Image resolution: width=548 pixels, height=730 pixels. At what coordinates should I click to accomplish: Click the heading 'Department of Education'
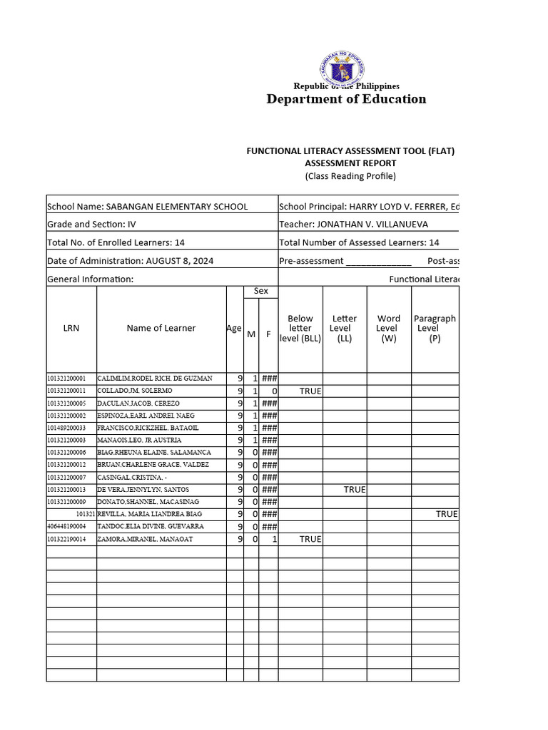(346, 99)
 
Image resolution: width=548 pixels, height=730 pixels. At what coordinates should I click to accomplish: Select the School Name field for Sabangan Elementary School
(148, 207)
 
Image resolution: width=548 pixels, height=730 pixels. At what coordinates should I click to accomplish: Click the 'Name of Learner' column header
(161, 328)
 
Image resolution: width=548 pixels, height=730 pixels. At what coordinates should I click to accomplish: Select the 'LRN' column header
(71, 328)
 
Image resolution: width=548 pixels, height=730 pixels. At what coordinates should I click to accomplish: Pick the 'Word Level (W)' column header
(389, 329)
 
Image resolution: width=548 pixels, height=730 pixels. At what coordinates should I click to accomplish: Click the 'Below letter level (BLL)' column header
(300, 329)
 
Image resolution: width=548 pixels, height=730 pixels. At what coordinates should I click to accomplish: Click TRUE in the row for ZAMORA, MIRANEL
(310, 539)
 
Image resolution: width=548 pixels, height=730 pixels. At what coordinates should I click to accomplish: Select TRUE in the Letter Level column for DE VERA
(355, 490)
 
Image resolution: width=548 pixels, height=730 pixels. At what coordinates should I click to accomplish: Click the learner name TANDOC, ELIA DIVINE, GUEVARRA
(151, 527)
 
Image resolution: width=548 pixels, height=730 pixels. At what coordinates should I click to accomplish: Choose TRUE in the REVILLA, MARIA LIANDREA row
(447, 514)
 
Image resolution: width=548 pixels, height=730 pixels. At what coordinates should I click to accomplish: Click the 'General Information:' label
(91, 279)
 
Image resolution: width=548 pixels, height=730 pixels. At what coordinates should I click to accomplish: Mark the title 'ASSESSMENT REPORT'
(350, 163)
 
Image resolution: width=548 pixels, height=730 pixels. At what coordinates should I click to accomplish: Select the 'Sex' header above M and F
(261, 292)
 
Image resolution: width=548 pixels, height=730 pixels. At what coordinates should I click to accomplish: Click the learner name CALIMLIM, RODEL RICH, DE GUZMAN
(155, 379)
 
